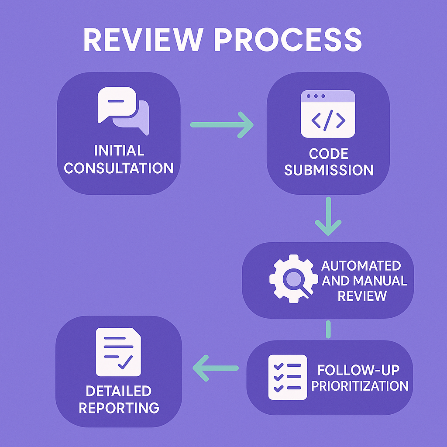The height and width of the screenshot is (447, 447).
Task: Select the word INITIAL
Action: click(x=119, y=151)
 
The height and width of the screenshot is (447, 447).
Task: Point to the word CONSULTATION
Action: click(x=119, y=168)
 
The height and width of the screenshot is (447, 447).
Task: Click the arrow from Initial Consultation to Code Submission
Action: click(x=222, y=125)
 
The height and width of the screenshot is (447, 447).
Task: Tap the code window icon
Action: click(x=328, y=113)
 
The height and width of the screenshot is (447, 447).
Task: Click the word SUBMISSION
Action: click(x=329, y=170)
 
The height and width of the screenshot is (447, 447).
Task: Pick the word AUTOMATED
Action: click(x=361, y=265)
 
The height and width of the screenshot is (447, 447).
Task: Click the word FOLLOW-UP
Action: click(x=358, y=370)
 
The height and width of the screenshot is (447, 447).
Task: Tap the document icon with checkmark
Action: click(x=118, y=353)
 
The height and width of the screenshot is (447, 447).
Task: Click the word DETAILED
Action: click(x=119, y=391)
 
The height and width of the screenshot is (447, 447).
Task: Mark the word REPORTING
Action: click(x=119, y=408)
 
